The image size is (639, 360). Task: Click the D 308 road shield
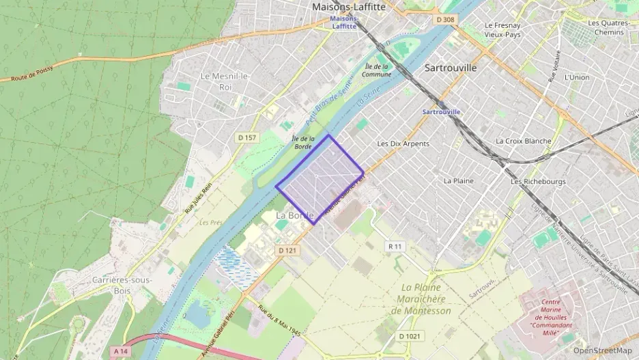click(445, 20)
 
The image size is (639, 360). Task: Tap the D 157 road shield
click(247, 138)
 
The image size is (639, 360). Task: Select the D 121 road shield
click(287, 251)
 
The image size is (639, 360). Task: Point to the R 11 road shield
click(395, 246)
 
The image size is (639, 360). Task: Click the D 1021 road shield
click(411, 336)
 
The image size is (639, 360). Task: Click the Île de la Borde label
click(302, 142)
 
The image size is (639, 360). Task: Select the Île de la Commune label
click(377, 70)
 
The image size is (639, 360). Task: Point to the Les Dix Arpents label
click(403, 144)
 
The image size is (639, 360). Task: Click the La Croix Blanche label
click(523, 141)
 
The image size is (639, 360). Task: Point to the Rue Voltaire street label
click(554, 66)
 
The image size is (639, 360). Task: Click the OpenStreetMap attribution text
click(602, 350)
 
